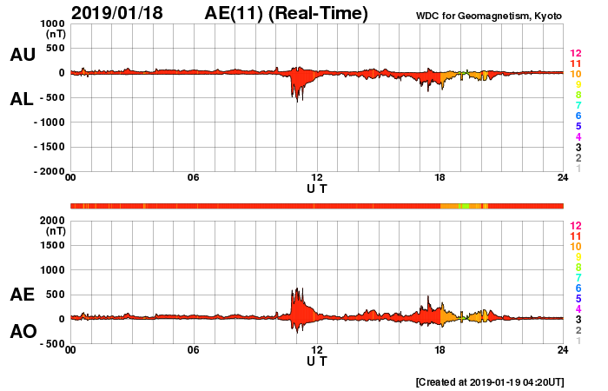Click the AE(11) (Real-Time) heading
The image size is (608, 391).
tap(287, 13)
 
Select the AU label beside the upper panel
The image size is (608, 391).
tap(23, 55)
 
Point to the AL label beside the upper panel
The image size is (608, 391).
tap(23, 99)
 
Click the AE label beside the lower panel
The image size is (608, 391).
tap(23, 295)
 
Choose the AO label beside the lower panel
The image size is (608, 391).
tap(23, 332)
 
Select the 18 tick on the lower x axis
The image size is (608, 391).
tap(439, 350)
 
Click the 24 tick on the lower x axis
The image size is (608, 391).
tap(563, 350)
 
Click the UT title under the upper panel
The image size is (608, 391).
tap(317, 188)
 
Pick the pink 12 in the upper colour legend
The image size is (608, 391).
tap(575, 54)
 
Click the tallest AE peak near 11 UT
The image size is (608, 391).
tap(296, 288)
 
